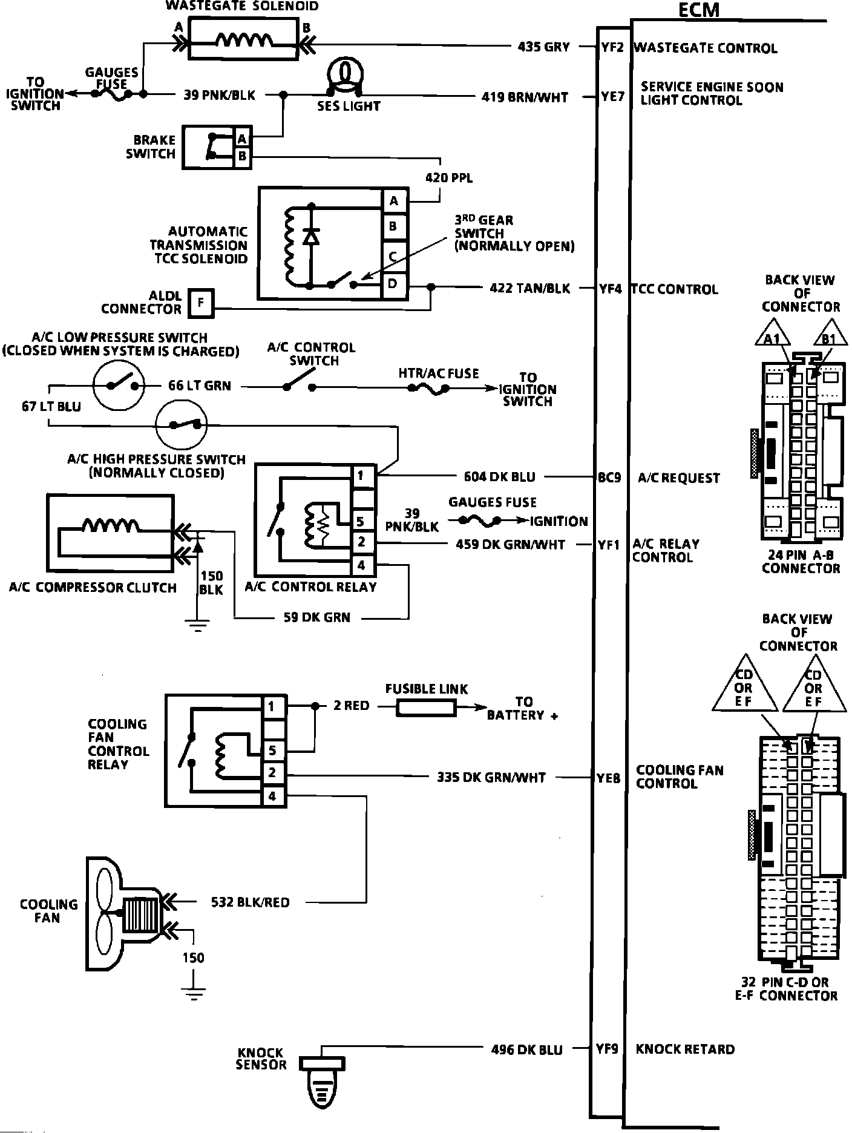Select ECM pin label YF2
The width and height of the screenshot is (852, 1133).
pos(612,47)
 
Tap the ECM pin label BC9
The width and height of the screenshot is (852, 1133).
pos(609,478)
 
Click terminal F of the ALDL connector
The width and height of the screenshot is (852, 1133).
pos(201,303)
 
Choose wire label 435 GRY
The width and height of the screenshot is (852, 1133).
pos(543,47)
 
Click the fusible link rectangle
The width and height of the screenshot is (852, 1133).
pos(425,708)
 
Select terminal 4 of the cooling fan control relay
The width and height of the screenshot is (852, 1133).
pos(272,796)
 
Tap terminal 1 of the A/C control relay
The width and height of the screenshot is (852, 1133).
pos(361,476)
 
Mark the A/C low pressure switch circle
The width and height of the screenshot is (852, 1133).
pos(119,386)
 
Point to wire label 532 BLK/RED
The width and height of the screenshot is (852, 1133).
pos(250,902)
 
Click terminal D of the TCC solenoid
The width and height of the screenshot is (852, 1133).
pos(393,283)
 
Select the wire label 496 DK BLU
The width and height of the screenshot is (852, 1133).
pos(526,1050)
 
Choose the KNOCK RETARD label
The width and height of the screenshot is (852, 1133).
pos(685,1049)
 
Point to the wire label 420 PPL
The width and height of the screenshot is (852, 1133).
pos(449,178)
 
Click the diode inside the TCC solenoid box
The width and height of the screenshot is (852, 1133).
pos(311,236)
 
